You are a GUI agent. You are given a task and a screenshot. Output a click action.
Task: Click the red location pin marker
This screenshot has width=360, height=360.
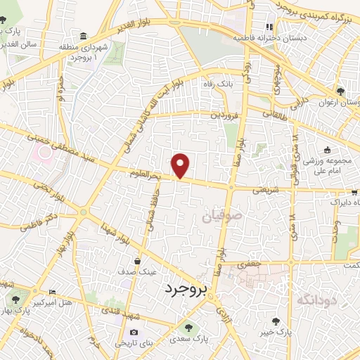(181, 165)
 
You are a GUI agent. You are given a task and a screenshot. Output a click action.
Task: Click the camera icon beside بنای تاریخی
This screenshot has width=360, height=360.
(134, 332)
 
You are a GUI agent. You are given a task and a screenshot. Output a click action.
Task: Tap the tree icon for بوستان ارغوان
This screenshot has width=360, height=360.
(341, 91)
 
